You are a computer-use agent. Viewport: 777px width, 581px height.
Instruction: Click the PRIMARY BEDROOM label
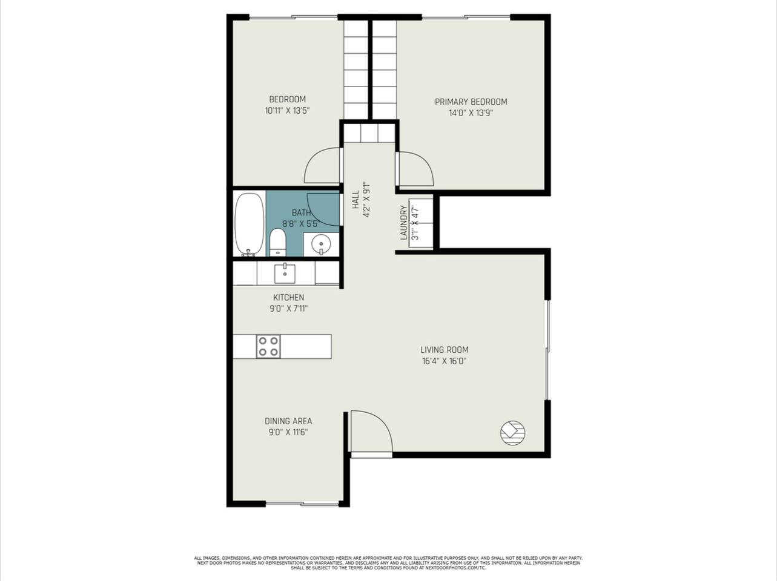coord(471,102)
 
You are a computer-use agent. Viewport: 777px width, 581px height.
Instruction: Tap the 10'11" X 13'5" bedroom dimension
coord(287,111)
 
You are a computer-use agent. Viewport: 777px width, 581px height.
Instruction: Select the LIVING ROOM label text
coord(445,350)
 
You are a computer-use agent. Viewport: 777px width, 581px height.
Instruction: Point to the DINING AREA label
coord(288,421)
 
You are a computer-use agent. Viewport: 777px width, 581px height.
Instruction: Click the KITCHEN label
coord(288,297)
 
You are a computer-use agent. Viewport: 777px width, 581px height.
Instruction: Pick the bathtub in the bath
coord(250,224)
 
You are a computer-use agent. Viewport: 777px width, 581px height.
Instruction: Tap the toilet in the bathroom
coord(277,242)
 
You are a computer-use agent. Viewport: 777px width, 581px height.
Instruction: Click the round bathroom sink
coord(321,244)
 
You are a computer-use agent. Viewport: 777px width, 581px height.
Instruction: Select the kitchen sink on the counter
coord(285,274)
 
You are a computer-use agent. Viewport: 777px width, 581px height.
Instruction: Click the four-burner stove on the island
coord(268,347)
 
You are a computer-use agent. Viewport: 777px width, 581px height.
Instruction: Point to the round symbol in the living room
coord(512,433)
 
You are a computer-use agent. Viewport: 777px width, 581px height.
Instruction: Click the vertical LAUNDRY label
coord(403,223)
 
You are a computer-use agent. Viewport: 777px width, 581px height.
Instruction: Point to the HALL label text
coord(355,200)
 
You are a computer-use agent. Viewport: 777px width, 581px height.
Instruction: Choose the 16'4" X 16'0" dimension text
coord(445,361)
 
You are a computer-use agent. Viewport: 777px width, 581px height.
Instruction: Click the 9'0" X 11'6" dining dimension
coord(288,432)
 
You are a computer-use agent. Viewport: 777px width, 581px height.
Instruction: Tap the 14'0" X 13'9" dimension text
coord(471,113)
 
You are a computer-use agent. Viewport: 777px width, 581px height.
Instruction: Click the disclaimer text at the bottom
coord(388,563)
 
